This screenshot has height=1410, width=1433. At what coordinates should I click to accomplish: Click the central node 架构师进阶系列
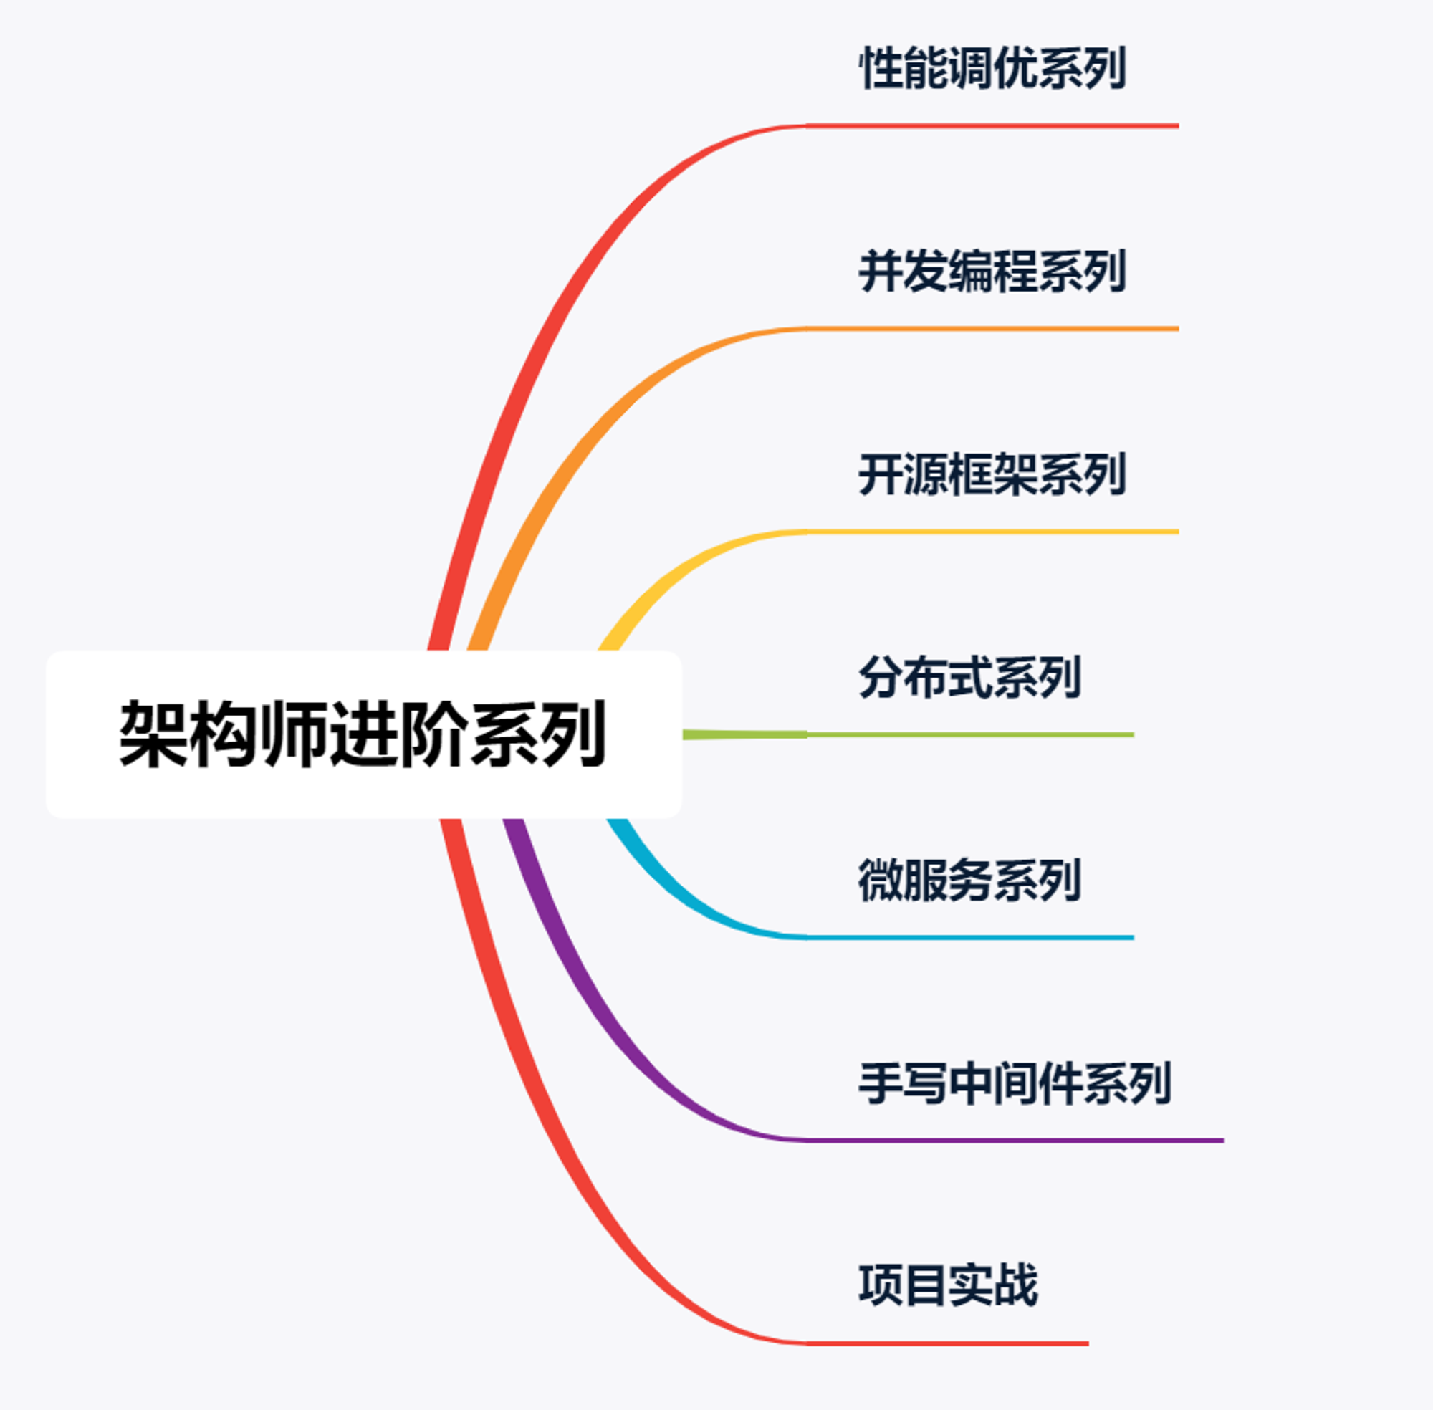click(363, 734)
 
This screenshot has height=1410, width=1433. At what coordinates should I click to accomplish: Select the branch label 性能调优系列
click(992, 68)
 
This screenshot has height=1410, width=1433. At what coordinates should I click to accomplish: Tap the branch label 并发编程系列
click(992, 271)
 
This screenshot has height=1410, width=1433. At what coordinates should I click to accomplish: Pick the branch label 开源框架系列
click(992, 474)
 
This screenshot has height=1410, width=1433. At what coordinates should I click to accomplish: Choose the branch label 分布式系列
click(970, 677)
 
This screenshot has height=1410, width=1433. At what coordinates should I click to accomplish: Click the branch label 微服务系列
click(970, 880)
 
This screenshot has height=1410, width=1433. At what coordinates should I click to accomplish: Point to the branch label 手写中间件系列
click(1015, 1083)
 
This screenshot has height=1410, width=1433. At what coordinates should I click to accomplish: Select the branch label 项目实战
click(948, 1285)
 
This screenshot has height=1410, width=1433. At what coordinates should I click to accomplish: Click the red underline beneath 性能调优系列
click(992, 126)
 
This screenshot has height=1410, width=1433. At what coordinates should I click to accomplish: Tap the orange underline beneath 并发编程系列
click(992, 329)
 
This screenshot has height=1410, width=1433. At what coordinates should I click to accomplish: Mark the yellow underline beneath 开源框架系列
click(992, 532)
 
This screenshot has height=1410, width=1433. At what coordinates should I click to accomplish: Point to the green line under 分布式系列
click(908, 734)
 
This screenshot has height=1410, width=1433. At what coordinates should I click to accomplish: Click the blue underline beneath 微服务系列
click(970, 938)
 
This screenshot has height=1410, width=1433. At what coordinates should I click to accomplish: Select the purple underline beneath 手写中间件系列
click(1015, 1141)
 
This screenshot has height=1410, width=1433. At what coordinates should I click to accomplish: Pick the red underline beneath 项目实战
click(948, 1343)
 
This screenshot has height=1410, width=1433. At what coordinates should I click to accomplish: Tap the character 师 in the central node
click(294, 734)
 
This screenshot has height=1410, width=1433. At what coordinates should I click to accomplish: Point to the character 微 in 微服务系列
click(881, 880)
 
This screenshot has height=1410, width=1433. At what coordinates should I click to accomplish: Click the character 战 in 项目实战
click(1016, 1285)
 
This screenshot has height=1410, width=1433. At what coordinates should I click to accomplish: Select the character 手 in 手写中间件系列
click(881, 1083)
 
